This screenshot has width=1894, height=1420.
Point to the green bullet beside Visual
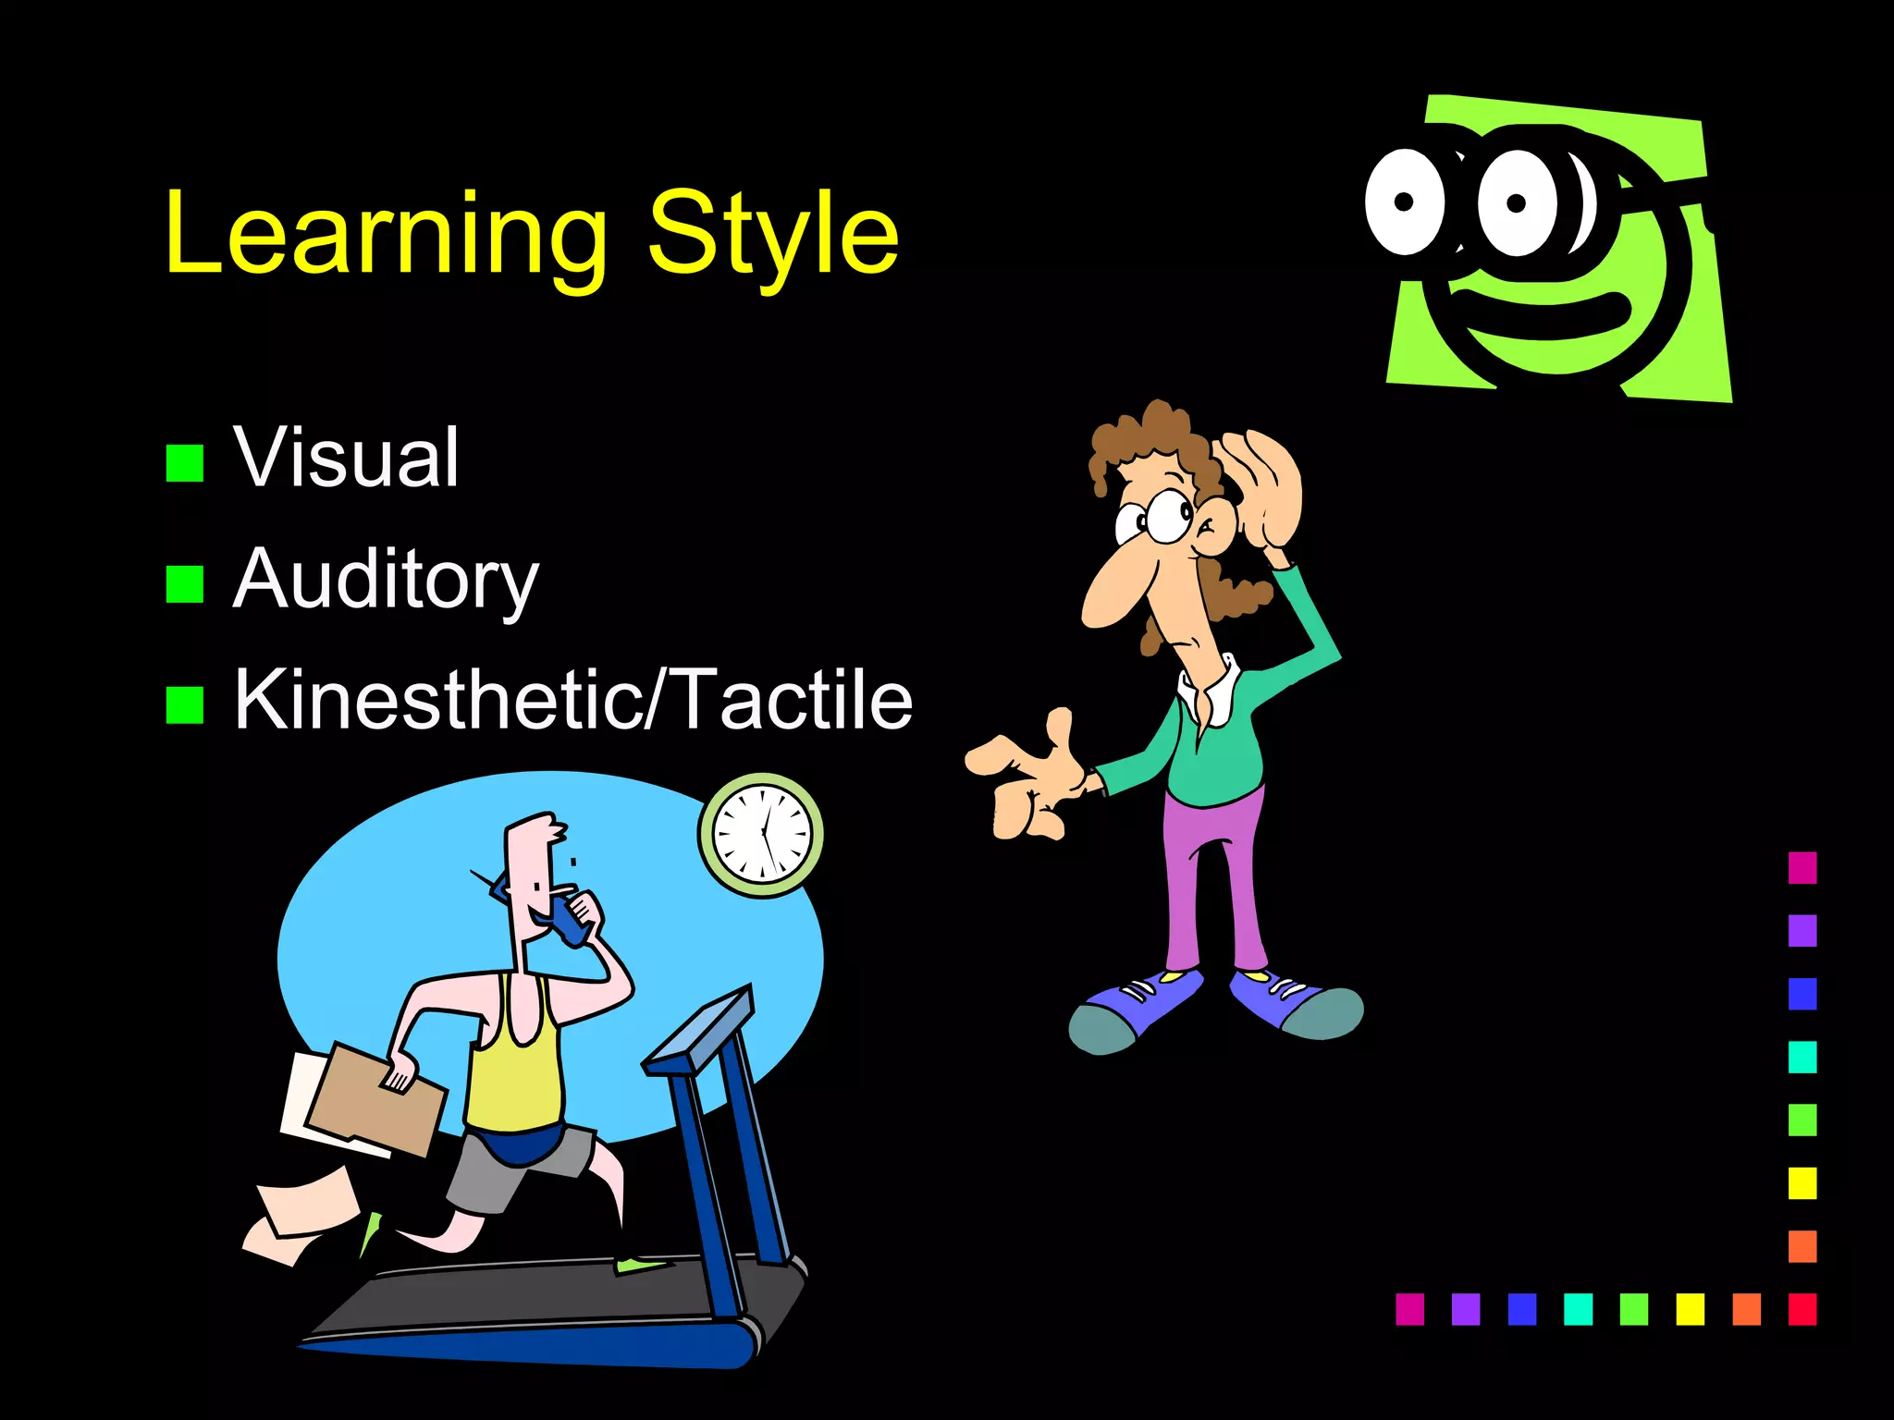coord(185,463)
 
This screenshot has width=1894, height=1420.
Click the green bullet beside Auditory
coord(185,584)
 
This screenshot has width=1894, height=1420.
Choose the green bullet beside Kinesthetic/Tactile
coord(185,705)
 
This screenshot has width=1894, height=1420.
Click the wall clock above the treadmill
coord(761,835)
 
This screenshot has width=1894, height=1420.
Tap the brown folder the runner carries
coord(375,1100)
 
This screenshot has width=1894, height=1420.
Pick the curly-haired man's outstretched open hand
coord(1027,777)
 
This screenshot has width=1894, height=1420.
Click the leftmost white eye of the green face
coord(1404,202)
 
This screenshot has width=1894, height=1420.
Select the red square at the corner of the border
coord(1802,1309)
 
